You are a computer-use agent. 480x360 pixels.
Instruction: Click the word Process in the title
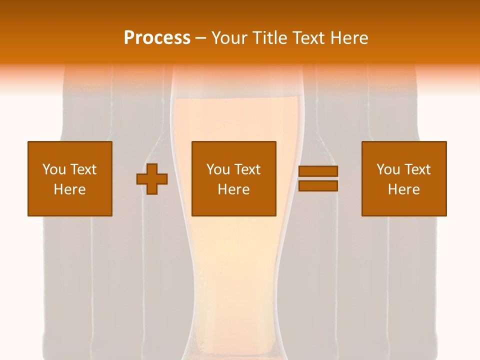(x=157, y=38)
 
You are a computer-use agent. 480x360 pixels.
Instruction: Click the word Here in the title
(x=350, y=38)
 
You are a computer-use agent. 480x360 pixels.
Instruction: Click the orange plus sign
(x=152, y=179)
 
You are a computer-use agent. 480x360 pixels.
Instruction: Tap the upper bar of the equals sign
(x=318, y=171)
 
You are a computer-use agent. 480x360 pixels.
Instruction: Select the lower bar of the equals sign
(x=318, y=185)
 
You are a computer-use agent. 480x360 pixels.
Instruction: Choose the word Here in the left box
(x=69, y=189)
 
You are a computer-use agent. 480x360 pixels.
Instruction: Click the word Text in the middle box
(x=246, y=169)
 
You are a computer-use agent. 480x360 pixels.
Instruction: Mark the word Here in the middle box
(x=233, y=189)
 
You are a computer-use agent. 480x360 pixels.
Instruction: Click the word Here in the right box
(x=403, y=189)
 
